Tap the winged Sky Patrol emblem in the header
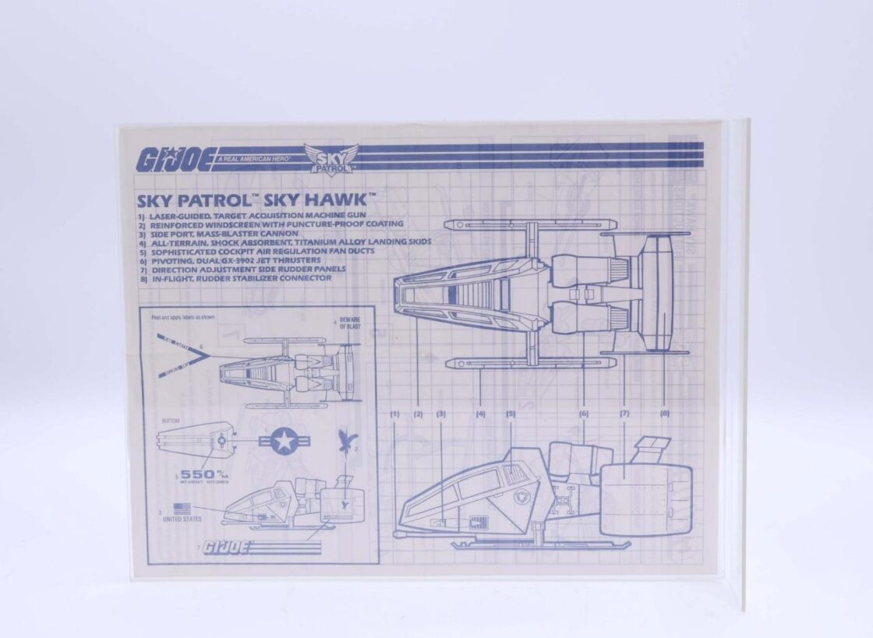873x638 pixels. (x=330, y=157)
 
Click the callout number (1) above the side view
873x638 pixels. (x=395, y=414)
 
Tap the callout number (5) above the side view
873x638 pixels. (x=511, y=414)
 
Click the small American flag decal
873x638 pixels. (x=182, y=509)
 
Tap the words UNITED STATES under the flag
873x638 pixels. (x=182, y=519)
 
